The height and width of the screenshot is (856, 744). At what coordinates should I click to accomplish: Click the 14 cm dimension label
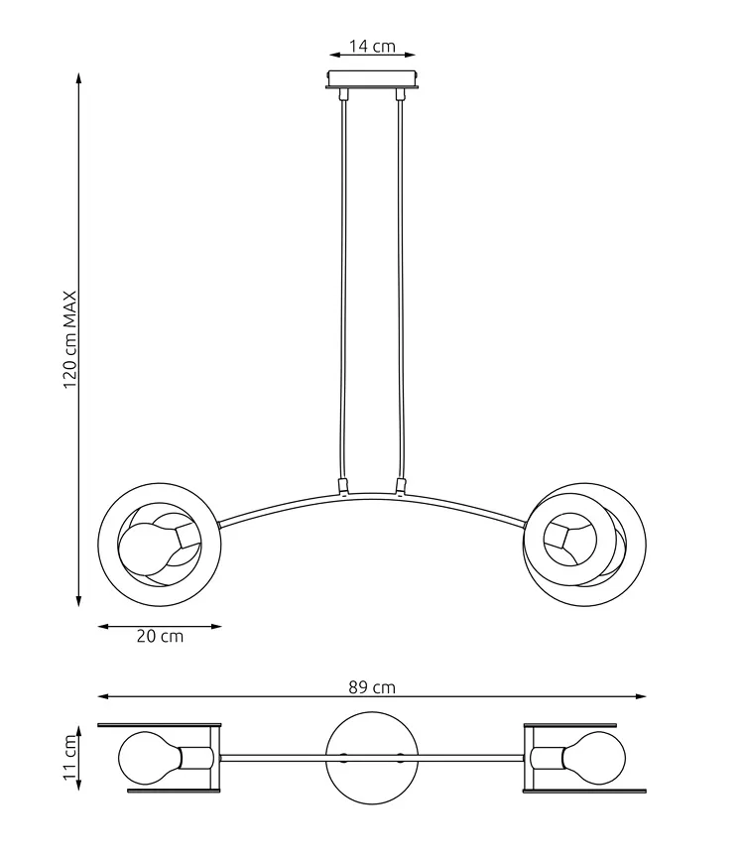pos(372,46)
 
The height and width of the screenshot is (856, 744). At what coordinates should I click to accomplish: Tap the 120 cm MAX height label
pos(70,339)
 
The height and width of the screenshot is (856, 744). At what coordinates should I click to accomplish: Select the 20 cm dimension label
pos(160,636)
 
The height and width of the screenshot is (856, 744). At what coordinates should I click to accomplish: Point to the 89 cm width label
pos(372,687)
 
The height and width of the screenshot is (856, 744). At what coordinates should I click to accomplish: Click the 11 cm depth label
pos(70,757)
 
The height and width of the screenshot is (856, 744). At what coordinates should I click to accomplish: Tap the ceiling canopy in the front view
pos(373,78)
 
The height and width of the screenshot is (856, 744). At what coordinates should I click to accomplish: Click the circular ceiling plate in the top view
pos(372,758)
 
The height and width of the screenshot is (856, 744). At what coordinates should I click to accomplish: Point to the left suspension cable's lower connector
pos(343,486)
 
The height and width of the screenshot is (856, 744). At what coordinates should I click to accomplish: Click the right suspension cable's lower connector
pos(401,486)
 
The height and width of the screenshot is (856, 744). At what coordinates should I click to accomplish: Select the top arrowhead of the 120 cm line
pos(78,77)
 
